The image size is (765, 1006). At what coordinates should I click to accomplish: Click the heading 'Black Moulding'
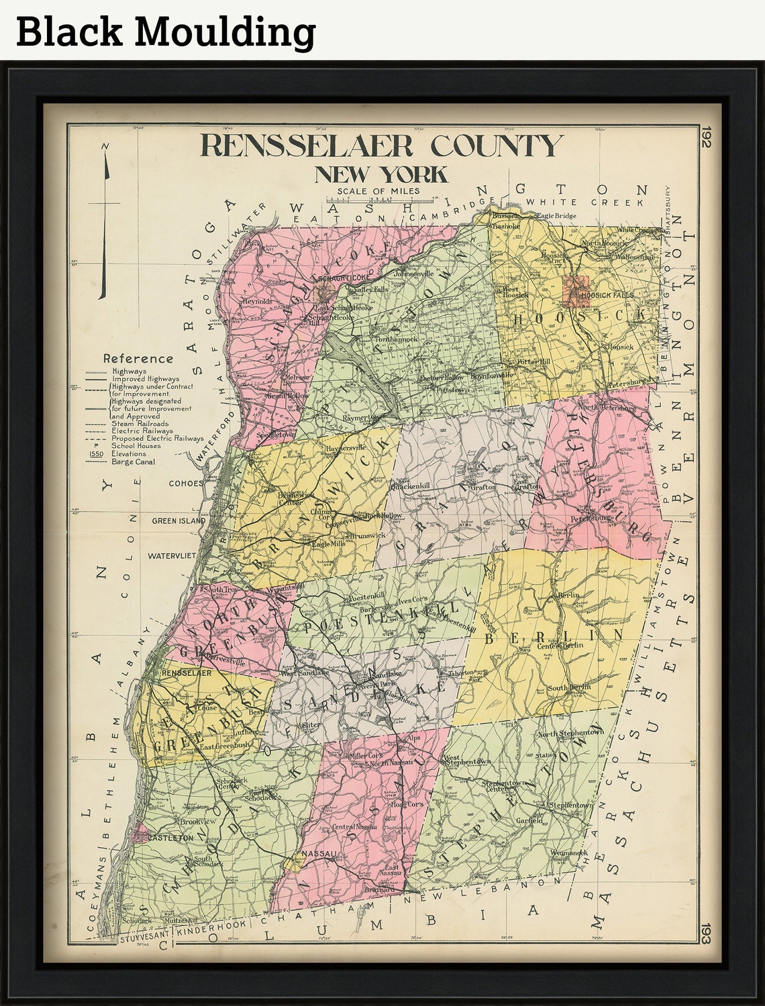[166, 32]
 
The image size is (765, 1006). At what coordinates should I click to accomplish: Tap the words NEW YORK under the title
[380, 174]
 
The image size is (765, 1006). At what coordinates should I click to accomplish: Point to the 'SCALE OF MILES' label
[378, 191]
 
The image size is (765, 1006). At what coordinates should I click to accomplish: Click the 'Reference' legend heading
[138, 359]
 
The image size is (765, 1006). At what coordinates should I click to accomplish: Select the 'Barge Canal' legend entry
[134, 461]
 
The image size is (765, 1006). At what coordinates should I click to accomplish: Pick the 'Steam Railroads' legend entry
[140, 424]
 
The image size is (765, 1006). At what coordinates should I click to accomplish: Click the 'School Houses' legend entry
[136, 445]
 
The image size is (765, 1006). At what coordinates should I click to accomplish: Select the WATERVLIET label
[172, 555]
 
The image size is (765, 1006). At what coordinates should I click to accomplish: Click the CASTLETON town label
[171, 838]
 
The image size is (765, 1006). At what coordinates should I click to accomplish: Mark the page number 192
[706, 139]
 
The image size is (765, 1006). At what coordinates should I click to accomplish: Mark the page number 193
[706, 934]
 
